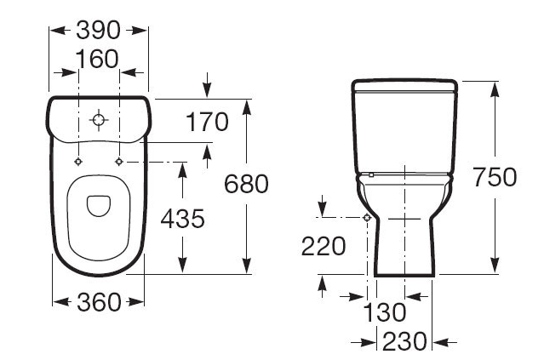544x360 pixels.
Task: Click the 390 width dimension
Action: [x=98, y=30]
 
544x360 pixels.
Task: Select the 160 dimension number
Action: [x=97, y=59]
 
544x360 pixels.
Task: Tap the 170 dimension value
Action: [x=207, y=122]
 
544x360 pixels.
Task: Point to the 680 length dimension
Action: [x=246, y=184]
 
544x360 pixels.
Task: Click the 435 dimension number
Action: [x=182, y=219]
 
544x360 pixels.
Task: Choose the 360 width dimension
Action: [x=99, y=302]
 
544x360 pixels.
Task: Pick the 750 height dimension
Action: [x=495, y=177]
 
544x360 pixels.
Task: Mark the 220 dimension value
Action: [x=324, y=247]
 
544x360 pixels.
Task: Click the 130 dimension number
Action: [x=384, y=312]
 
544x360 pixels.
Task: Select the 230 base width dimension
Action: [x=404, y=341]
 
